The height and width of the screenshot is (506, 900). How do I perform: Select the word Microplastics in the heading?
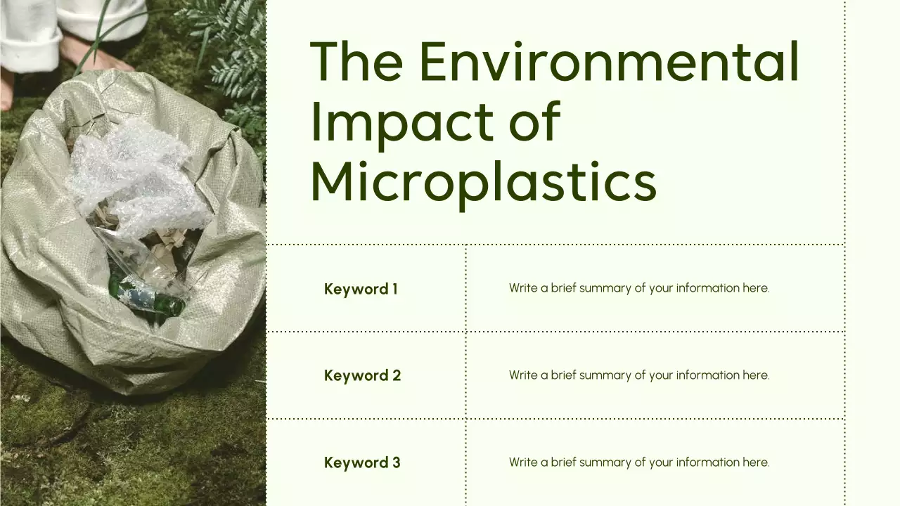[483, 181]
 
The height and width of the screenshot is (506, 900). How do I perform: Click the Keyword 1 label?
[361, 289]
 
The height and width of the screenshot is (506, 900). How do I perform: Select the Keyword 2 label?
[362, 375]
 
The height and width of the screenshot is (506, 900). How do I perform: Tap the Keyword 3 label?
[362, 462]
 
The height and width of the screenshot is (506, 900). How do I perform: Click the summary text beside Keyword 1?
[639, 288]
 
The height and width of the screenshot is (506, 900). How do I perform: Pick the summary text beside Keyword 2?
[639, 375]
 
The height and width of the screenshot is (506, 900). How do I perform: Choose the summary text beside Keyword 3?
[639, 462]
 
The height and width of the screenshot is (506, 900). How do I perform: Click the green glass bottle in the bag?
[151, 299]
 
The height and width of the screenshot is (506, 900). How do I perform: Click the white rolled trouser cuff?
[32, 49]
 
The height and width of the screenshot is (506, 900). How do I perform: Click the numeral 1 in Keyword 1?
[394, 289]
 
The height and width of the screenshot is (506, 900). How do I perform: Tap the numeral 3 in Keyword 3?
[396, 462]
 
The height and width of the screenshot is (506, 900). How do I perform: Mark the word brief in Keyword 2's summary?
[562, 375]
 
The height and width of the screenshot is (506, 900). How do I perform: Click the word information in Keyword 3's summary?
[708, 462]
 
